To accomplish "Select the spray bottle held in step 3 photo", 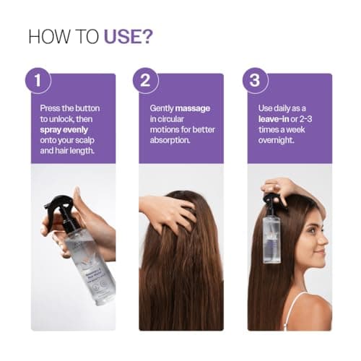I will tap(271, 231).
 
